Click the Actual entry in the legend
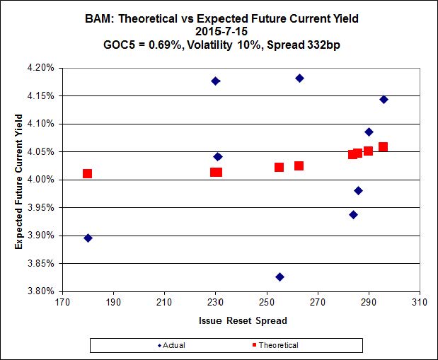coord(176,345)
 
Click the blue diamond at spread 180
coord(88,238)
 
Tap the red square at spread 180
coord(88,173)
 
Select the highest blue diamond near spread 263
coord(300,78)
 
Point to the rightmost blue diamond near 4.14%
coord(384,99)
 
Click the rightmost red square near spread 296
coord(383,147)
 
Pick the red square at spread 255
coord(279,167)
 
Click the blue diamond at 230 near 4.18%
coord(215,81)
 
